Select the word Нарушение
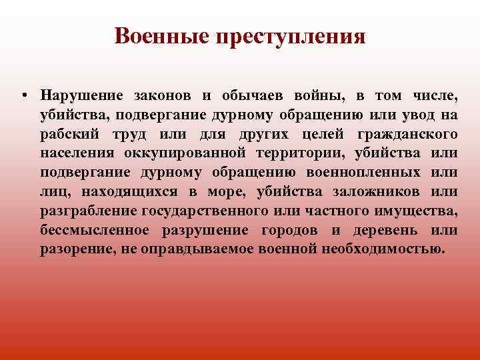[x=81, y=96]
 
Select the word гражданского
[x=408, y=135]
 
